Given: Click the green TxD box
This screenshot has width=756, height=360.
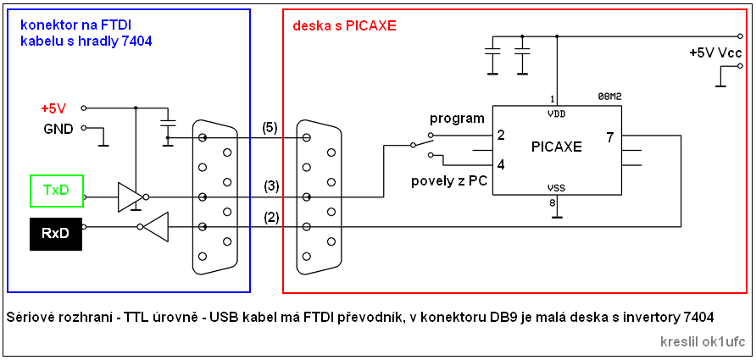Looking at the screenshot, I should [56, 190].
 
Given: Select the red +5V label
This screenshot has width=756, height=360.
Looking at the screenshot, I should [53, 108].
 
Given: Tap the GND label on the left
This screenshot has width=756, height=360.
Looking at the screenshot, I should [58, 129].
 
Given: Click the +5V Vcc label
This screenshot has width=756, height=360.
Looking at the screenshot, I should [716, 53].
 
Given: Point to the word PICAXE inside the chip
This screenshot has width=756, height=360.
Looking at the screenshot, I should [556, 146].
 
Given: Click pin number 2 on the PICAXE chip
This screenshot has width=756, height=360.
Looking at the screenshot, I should [501, 136].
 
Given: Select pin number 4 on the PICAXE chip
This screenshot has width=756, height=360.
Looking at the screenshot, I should [501, 164].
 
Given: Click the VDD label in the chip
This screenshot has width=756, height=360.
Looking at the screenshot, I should [556, 113].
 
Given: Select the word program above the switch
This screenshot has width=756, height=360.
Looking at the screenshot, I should [457, 118].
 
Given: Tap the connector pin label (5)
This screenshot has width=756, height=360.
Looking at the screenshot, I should [270, 128].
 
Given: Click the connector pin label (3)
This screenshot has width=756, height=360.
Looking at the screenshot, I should [270, 186].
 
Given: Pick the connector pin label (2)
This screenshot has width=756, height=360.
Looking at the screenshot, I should [270, 217].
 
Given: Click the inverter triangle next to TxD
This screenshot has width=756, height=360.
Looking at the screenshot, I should [130, 197].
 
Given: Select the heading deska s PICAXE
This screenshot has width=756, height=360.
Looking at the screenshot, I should [344, 26].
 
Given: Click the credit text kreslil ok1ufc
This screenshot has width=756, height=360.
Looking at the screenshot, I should [703, 342].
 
